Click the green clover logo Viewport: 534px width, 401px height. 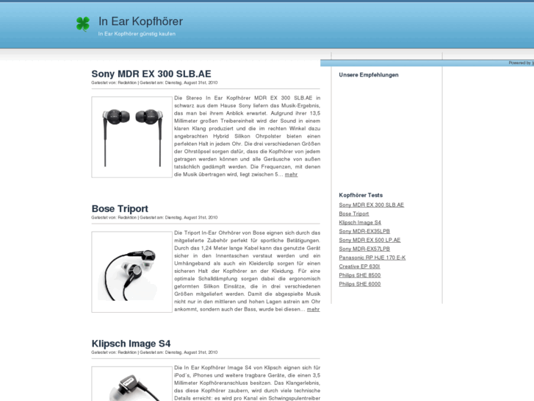click(x=83, y=24)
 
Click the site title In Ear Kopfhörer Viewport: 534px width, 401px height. click(x=140, y=21)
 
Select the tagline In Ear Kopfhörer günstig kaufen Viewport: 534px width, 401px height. click(x=137, y=34)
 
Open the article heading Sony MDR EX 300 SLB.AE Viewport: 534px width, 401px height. click(x=151, y=74)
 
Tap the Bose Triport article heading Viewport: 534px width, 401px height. click(x=120, y=209)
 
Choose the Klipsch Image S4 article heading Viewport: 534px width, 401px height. click(x=131, y=344)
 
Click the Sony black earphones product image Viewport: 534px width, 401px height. click(x=131, y=137)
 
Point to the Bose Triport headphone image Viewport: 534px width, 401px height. click(x=131, y=272)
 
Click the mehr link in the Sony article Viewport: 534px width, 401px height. click(x=292, y=174)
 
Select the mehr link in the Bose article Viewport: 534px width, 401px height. click(x=313, y=309)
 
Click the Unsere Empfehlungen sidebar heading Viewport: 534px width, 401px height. click(x=369, y=75)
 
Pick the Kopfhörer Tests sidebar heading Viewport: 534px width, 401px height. click(x=361, y=195)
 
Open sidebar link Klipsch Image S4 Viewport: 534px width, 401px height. click(x=360, y=222)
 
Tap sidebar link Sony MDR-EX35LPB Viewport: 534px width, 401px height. click(x=364, y=231)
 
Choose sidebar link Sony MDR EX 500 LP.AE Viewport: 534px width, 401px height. click(x=369, y=240)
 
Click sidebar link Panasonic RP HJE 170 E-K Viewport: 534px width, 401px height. click(x=372, y=258)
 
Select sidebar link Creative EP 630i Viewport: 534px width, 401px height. click(x=359, y=266)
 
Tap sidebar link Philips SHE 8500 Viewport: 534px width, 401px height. click(x=360, y=275)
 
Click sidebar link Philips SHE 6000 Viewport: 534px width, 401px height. click(x=360, y=284)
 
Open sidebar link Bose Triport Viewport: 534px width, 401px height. click(x=354, y=213)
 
